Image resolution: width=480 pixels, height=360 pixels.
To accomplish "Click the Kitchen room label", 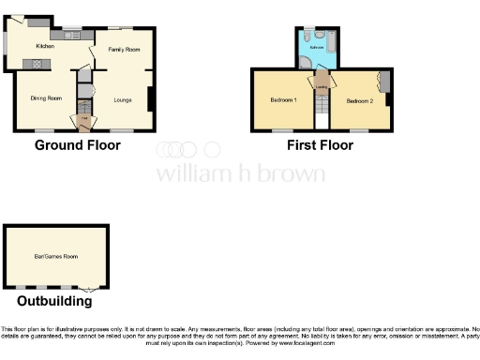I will (45, 46).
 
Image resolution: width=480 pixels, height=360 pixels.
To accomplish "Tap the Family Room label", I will (124, 49).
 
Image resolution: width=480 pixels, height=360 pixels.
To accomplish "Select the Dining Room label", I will (46, 97).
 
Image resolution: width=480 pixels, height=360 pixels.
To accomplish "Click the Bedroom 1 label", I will (284, 100).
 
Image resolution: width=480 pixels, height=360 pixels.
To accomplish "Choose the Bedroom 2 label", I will (360, 100).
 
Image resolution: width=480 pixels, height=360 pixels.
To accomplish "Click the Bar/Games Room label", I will (56, 256).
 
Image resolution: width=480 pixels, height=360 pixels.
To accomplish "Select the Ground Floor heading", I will (78, 145).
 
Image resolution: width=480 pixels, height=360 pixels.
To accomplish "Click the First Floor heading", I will (321, 145).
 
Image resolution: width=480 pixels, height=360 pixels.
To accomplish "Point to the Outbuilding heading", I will (54, 302).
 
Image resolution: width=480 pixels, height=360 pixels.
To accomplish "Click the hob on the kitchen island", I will (38, 64).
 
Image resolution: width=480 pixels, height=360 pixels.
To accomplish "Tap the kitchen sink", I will (71, 36).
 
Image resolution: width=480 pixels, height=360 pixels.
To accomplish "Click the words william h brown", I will (240, 174).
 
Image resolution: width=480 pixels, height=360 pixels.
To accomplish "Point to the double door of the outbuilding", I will (86, 289).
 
